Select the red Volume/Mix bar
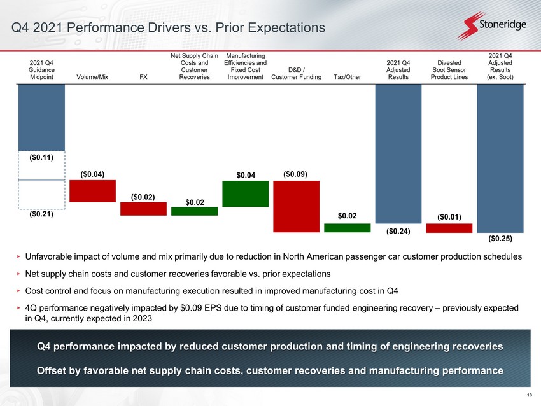point(92,191)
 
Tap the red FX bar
point(144,209)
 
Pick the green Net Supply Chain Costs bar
point(195,211)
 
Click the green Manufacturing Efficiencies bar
point(245,194)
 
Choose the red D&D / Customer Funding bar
point(297,206)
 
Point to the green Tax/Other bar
point(347,228)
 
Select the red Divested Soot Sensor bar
point(449,228)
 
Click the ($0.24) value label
point(398,232)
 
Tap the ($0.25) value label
point(500,239)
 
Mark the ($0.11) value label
point(41,158)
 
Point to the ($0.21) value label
point(41,214)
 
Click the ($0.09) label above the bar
point(295,174)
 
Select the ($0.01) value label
point(449,217)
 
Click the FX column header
point(144,77)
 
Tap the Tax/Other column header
point(347,77)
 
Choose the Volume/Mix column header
point(92,77)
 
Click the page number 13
point(530,395)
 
